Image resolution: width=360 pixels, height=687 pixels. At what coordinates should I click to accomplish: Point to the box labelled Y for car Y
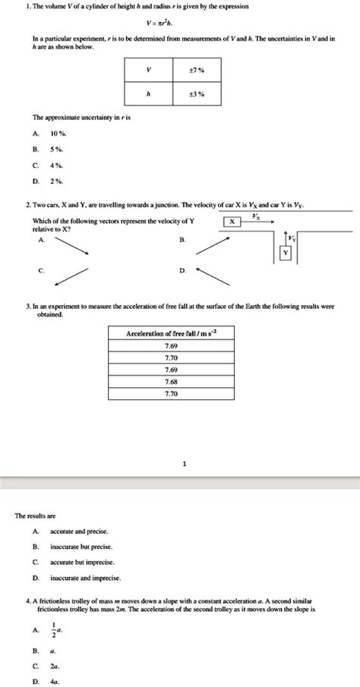[285, 253]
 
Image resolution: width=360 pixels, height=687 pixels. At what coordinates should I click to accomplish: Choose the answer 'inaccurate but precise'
[81, 547]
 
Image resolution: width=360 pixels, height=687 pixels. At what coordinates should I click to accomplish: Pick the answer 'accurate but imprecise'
[81, 563]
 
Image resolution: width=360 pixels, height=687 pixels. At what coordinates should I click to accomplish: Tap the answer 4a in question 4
[54, 681]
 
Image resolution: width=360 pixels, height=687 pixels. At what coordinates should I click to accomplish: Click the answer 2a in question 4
[54, 666]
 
